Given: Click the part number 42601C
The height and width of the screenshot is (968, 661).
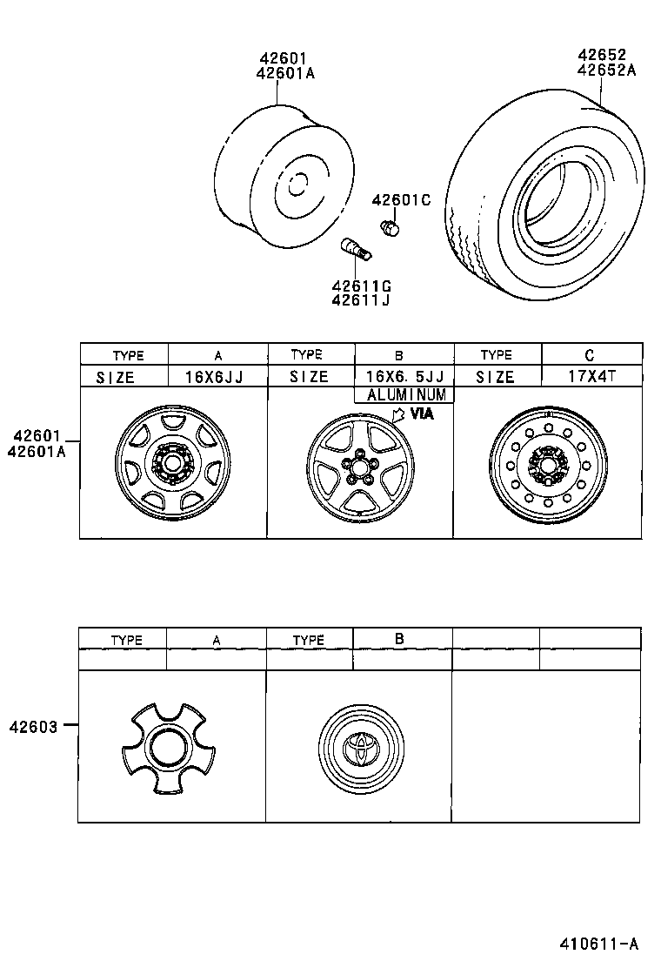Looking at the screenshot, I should tap(401, 200).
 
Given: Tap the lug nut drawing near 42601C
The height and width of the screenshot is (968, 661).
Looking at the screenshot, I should tap(391, 227).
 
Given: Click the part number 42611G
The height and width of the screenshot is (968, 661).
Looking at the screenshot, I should tap(360, 285).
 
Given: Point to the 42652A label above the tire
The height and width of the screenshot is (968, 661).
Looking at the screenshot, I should tap(606, 70).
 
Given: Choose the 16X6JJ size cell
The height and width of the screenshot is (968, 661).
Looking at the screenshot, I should tap(217, 376).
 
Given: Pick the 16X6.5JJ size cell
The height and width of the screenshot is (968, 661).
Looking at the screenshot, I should tap(404, 376).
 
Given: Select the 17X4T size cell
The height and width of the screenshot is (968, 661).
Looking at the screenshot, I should tap(591, 376).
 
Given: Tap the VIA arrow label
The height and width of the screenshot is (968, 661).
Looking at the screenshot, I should tap(414, 414).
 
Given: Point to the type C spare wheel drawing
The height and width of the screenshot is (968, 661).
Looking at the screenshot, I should tap(545, 466).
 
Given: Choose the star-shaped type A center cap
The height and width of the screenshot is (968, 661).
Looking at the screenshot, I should tap(165, 749).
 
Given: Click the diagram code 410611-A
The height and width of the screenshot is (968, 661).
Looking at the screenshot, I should tap(598, 944).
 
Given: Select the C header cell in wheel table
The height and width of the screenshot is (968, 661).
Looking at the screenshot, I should tap(591, 354).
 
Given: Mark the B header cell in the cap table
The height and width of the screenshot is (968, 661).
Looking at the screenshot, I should tap(399, 638).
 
